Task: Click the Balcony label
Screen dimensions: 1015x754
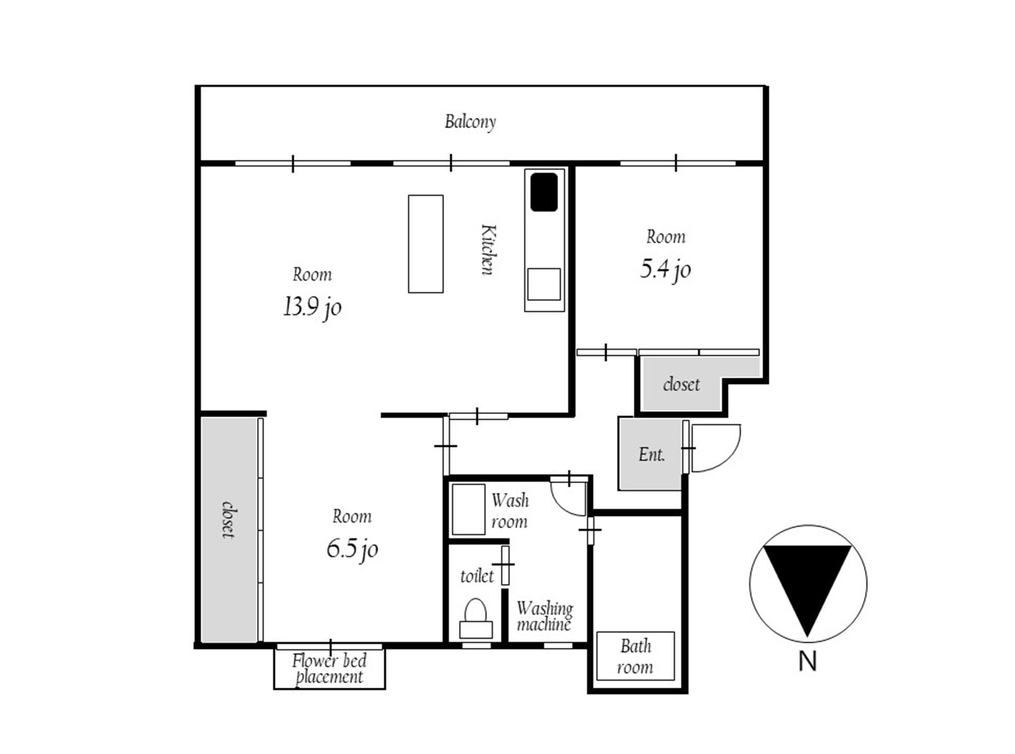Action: pos(470,122)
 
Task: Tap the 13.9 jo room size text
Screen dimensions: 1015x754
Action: pos(312,307)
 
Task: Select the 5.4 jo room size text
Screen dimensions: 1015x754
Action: pos(665,269)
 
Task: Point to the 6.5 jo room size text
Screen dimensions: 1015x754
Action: pos(352,549)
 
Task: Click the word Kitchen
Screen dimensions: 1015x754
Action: pos(488,250)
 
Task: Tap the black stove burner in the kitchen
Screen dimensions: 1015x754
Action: pos(544,192)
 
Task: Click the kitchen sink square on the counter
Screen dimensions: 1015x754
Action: pos(544,284)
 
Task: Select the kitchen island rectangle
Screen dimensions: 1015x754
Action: pos(426,244)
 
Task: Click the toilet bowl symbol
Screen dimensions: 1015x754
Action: pos(475,618)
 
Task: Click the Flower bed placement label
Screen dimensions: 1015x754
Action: pos(329,669)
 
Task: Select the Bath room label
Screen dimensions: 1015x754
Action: pos(635,657)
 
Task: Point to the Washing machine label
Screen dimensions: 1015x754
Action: pos(545,616)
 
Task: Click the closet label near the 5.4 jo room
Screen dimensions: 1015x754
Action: pos(681,384)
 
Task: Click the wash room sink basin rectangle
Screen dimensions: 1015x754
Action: pos(468,509)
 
